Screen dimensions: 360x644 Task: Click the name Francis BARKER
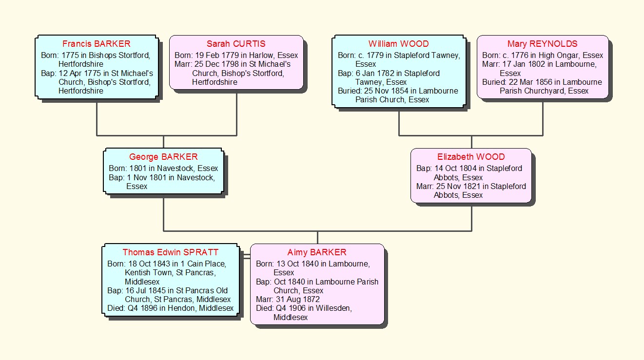click(x=97, y=44)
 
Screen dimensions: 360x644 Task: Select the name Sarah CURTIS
click(x=236, y=44)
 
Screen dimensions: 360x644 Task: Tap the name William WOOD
click(x=398, y=44)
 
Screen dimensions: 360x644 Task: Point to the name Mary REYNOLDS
click(x=542, y=44)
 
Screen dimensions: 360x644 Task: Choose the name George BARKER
click(x=163, y=157)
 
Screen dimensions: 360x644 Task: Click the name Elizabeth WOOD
click(x=471, y=157)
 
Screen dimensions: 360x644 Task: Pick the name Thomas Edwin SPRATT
click(x=171, y=252)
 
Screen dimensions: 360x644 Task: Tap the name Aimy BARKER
click(x=317, y=252)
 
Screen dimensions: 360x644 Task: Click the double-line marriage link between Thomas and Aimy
click(x=245, y=256)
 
